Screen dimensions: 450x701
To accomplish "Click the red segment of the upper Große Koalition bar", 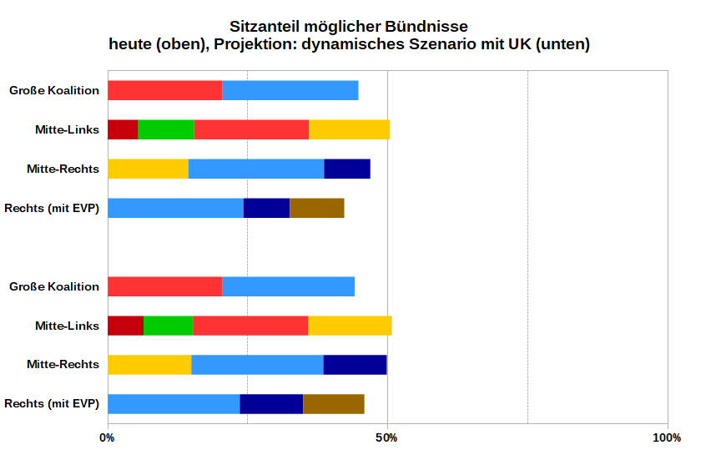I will [x=164, y=90].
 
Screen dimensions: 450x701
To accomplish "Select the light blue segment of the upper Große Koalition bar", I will [x=290, y=90].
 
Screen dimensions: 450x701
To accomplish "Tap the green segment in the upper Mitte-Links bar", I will [x=166, y=129].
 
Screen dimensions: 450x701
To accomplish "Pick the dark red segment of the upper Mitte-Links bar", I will [x=123, y=129].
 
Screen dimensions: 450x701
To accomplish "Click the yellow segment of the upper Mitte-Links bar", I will [x=349, y=129].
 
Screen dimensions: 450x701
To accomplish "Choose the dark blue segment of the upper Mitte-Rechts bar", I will [x=347, y=169].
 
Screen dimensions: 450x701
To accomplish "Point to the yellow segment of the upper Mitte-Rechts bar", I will [x=148, y=169].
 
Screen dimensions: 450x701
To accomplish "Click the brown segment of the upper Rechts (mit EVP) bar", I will [x=317, y=208].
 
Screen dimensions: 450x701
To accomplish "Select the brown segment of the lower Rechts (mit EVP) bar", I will [x=334, y=404].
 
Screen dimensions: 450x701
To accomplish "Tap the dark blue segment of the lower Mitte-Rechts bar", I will [x=356, y=365].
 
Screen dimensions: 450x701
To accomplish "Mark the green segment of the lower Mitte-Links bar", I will [x=169, y=326].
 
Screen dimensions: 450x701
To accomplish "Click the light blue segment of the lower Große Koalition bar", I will [x=289, y=286].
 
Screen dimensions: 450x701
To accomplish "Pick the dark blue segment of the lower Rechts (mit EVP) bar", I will [x=271, y=404].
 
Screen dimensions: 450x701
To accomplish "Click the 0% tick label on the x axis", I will [x=108, y=437].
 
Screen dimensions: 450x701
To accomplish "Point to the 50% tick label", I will [x=387, y=437].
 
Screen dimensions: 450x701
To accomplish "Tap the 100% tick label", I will [x=667, y=437].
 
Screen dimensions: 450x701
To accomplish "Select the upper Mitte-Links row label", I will [x=67, y=129].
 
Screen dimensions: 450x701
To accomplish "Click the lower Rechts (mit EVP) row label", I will [x=52, y=404].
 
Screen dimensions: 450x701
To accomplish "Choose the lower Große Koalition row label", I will [x=54, y=286].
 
